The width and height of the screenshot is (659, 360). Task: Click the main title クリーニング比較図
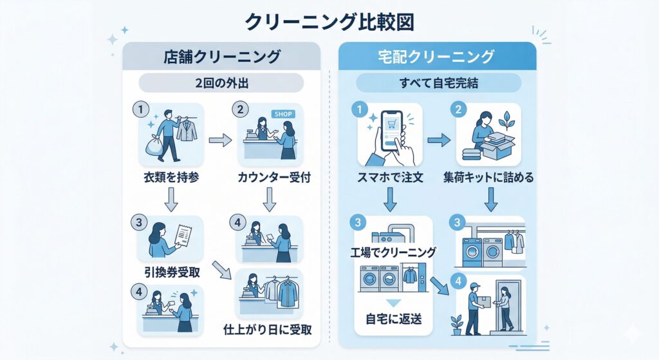pos(329,22)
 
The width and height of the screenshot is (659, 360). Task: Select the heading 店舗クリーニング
pos(221,57)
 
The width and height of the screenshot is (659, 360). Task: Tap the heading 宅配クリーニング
pos(436,57)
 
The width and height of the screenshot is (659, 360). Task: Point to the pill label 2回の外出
pos(221,82)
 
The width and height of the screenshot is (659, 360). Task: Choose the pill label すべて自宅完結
pos(438,82)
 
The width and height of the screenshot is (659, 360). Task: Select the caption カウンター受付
pos(270,177)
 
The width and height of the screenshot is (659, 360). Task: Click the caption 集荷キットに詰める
pos(490,177)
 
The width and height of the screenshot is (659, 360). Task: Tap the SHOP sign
pos(283,114)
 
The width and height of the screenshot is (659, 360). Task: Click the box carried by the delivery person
pos(482,301)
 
